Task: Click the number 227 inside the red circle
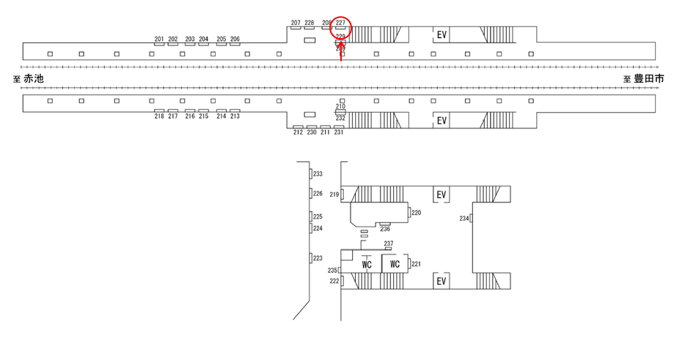(340, 23)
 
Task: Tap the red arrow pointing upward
(341, 50)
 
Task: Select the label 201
(159, 39)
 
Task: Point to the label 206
(235, 39)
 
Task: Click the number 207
(296, 23)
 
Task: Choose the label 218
(159, 117)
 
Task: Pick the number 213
(235, 117)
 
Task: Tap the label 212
(298, 132)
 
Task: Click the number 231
(339, 132)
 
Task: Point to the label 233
(318, 174)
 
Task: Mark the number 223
(318, 258)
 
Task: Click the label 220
(417, 213)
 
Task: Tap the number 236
(385, 229)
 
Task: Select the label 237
(389, 243)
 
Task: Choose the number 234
(464, 218)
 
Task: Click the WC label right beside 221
(395, 264)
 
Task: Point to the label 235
(332, 271)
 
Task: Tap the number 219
(334, 194)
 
